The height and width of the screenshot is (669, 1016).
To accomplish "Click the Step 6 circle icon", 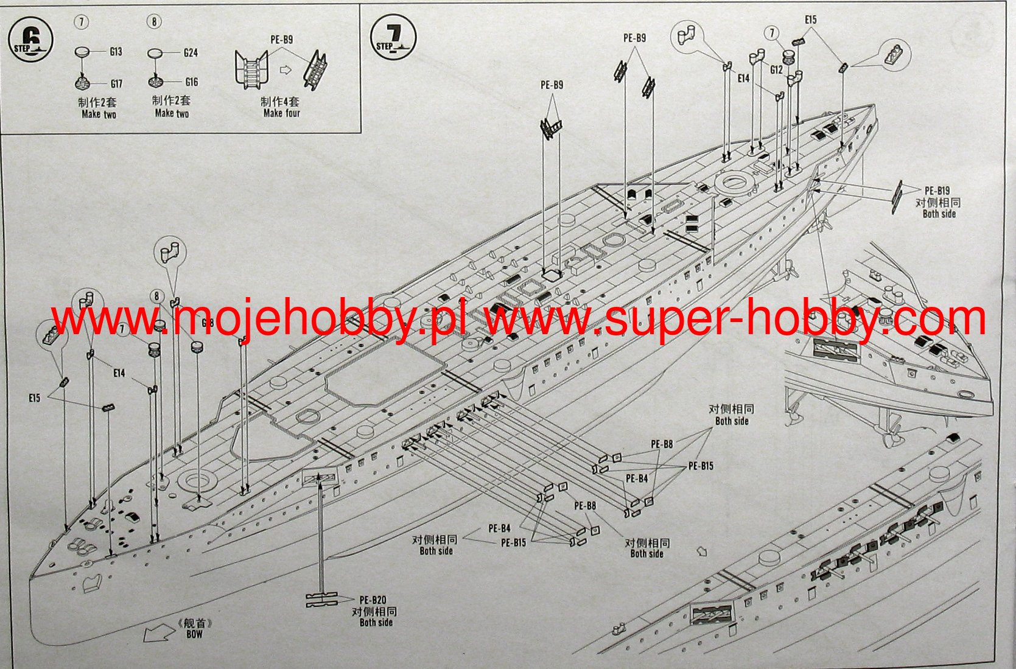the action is [30, 41].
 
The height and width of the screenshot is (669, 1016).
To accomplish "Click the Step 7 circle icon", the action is [393, 37].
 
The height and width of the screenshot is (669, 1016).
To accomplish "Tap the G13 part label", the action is [116, 52].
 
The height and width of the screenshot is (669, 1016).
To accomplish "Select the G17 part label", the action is [116, 83].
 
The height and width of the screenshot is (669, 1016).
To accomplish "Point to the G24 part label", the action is [191, 53].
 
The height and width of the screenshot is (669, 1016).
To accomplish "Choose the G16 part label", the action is [191, 82].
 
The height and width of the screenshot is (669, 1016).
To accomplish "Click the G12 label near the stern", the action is [776, 70].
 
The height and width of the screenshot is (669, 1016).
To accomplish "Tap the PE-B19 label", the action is [937, 191].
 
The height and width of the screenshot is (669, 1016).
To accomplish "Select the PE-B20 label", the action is [373, 600].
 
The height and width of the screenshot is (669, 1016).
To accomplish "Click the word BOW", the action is [194, 634].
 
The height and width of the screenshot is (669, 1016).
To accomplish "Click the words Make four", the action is [281, 113].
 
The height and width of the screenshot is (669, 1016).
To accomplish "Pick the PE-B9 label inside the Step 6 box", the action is [282, 40].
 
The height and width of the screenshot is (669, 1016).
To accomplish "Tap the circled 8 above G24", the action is [155, 22].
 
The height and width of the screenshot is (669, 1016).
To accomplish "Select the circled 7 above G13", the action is [81, 22].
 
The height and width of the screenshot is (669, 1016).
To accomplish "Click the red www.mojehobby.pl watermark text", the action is [259, 320].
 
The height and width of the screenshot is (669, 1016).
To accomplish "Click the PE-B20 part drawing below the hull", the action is [322, 600].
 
